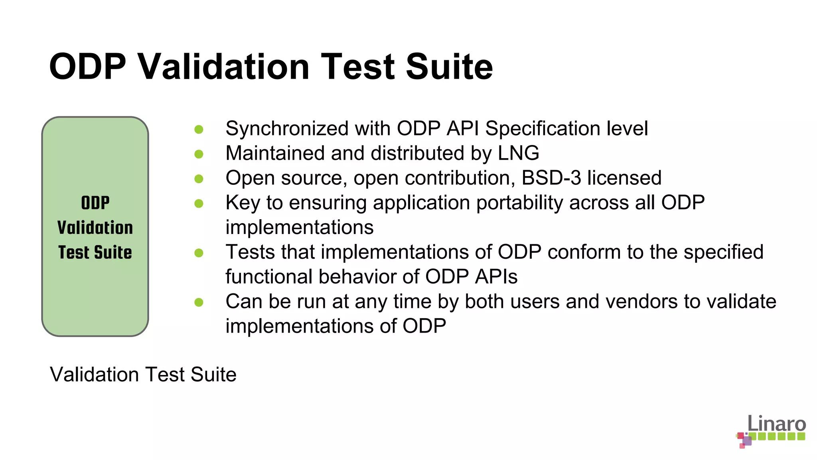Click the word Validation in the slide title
click(224, 67)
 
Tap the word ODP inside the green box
click(95, 203)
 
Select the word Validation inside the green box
click(95, 228)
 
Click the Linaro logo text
click(776, 424)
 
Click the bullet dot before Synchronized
click(199, 129)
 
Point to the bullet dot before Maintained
click(199, 154)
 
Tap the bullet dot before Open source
click(199, 179)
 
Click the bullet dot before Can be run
click(199, 302)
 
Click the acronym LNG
click(518, 153)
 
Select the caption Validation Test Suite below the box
click(143, 375)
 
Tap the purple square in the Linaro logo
click(747, 441)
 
